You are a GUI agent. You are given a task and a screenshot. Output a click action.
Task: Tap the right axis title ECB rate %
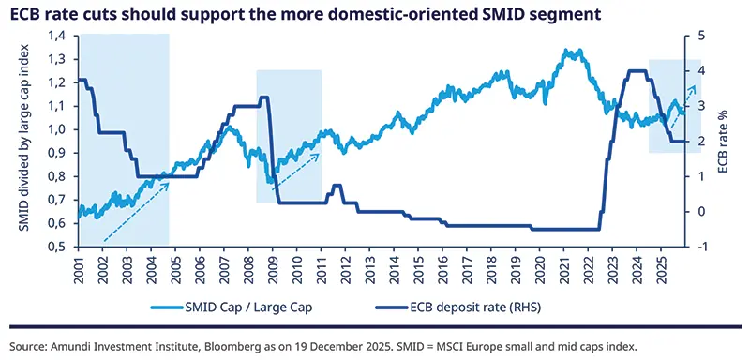723,141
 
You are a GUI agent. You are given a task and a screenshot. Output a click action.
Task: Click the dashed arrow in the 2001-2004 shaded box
136,209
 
